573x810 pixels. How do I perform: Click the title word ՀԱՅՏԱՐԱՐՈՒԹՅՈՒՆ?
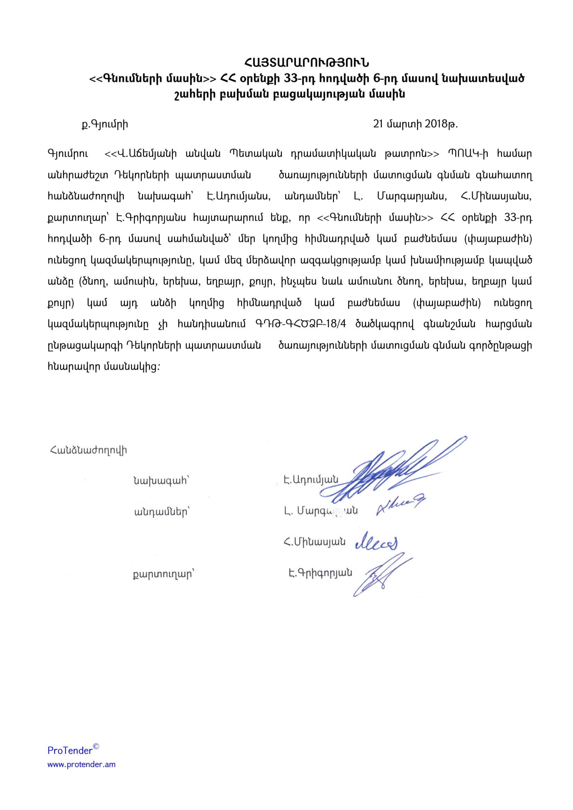306,63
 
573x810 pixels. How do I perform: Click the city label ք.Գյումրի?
105,124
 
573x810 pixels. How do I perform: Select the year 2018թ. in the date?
441,124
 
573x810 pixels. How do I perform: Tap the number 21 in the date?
378,124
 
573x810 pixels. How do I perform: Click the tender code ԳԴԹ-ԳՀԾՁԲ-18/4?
300,324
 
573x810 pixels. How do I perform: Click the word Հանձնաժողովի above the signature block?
89,451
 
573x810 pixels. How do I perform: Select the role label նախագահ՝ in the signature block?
161,481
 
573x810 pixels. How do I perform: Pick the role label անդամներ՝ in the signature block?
162,512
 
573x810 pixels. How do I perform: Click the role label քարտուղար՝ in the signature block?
164,574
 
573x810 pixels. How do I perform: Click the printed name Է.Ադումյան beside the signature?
311,479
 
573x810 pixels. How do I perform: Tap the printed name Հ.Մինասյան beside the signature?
314,542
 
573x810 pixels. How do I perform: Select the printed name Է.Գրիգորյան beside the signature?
320,573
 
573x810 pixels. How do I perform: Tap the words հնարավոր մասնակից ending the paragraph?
102,366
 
